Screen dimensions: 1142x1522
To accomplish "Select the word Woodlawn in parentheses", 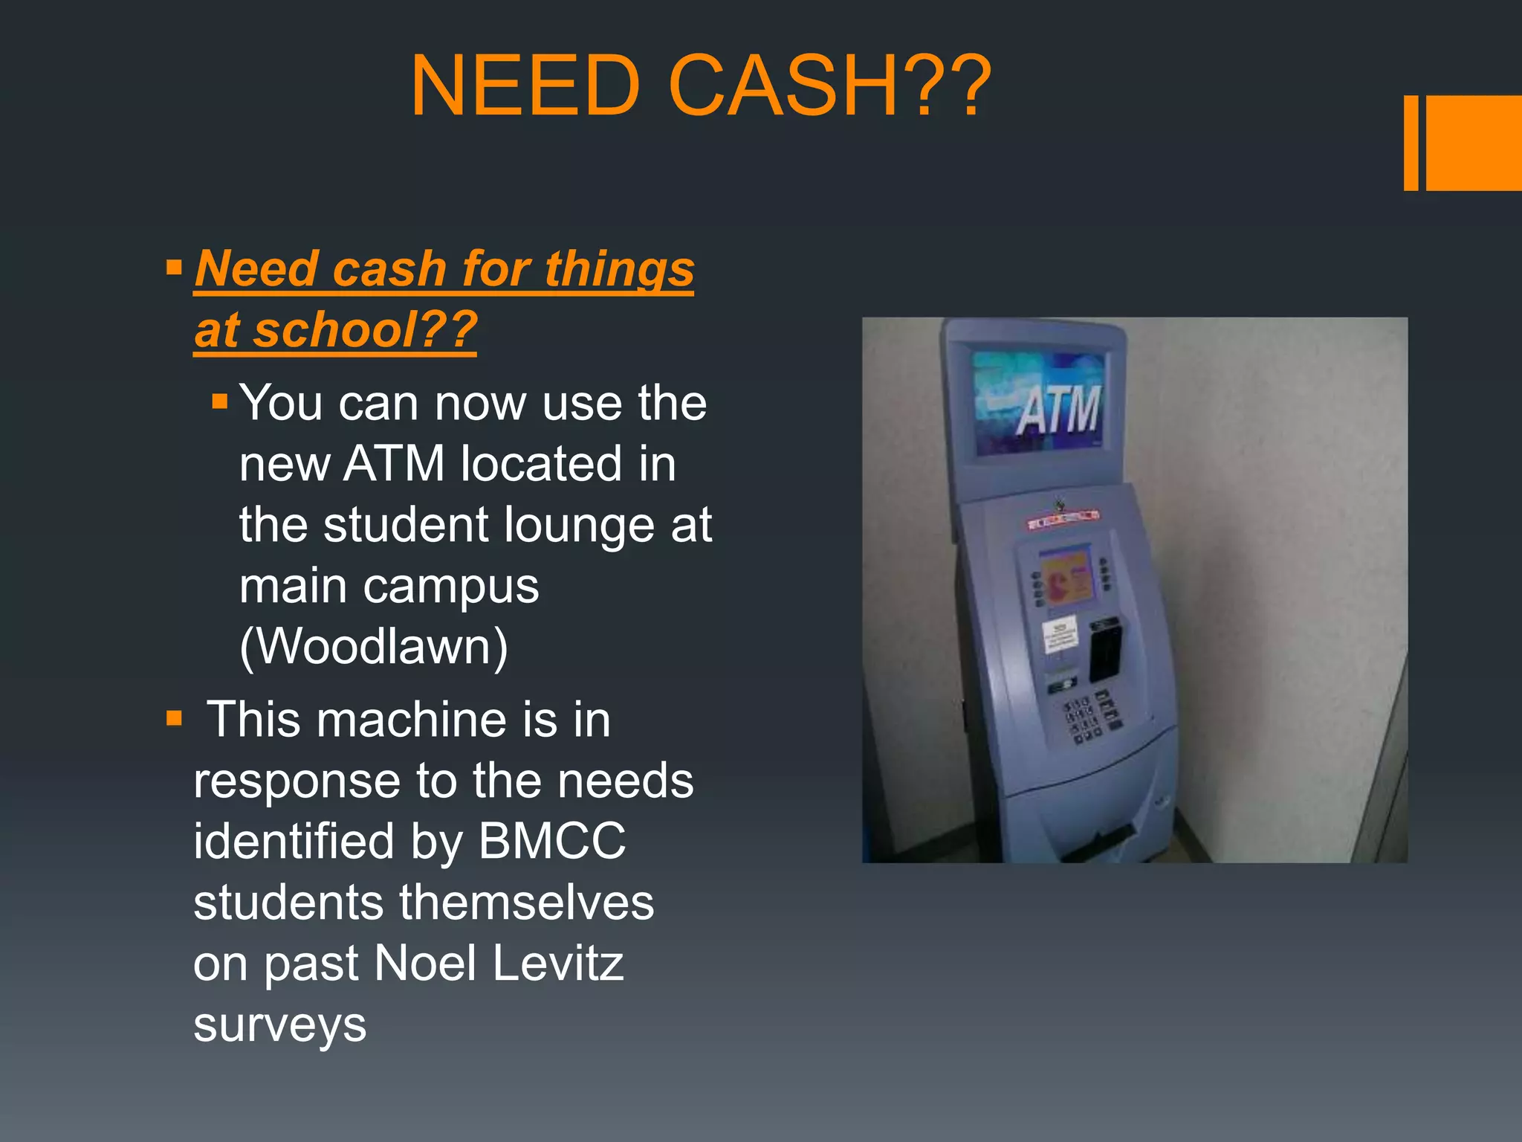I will (x=374, y=647).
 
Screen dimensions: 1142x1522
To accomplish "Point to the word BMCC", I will (x=552, y=842).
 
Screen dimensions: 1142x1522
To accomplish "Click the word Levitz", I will (x=558, y=964).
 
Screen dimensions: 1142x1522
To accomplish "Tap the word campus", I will (x=451, y=587).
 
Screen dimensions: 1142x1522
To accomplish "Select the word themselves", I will (x=526, y=903).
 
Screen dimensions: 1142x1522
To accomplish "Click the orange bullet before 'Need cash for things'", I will (x=175, y=267).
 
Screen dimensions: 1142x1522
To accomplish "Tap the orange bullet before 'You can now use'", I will (x=219, y=402).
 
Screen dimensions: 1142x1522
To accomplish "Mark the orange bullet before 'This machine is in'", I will (x=175, y=718).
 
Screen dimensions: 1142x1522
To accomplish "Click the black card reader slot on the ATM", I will (x=1105, y=649).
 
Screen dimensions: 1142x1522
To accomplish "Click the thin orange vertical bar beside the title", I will (x=1411, y=143).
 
